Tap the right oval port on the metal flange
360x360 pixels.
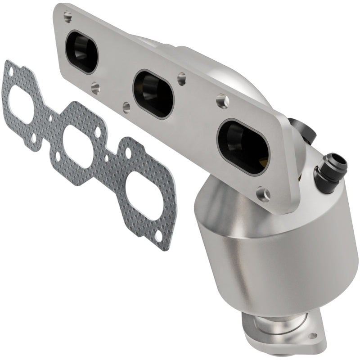click(x=243, y=146)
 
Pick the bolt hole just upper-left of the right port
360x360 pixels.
click(x=220, y=100)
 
